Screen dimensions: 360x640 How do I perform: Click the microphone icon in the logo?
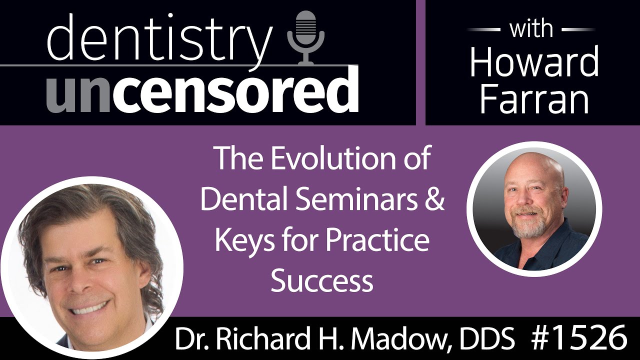point(306,38)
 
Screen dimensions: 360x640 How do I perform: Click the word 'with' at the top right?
point(531,28)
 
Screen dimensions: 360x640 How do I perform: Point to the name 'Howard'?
point(534,62)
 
